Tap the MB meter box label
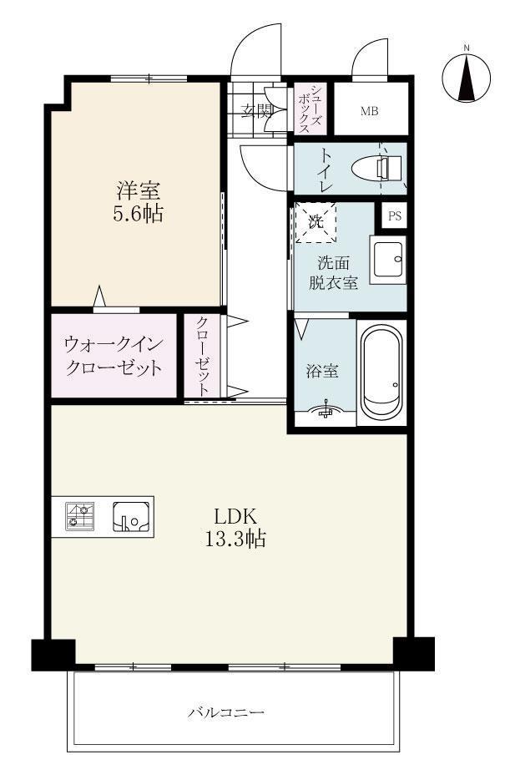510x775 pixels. [370, 109]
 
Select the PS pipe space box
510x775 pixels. [394, 215]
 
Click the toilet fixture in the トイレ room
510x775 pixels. [380, 168]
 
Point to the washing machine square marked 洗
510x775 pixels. [316, 223]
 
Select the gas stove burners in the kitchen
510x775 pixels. [80, 515]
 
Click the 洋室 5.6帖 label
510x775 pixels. [138, 201]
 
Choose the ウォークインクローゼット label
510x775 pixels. [114, 356]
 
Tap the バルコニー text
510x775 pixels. [225, 712]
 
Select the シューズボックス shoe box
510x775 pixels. [311, 109]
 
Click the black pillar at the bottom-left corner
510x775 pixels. [53, 654]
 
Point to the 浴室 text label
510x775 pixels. [322, 372]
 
